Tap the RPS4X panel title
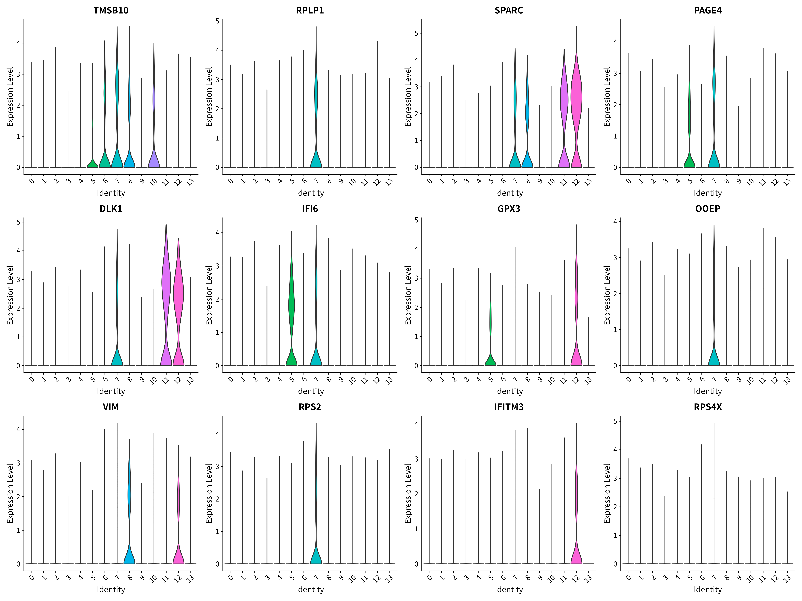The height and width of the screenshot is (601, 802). click(x=708, y=407)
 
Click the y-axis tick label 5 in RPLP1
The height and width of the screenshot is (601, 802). click(x=217, y=21)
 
